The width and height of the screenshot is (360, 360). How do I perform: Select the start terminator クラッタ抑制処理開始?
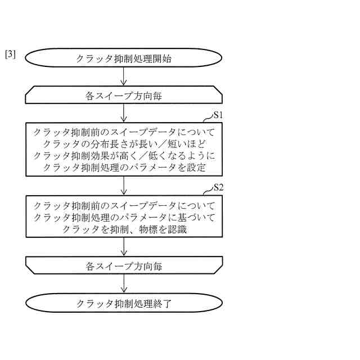(124, 58)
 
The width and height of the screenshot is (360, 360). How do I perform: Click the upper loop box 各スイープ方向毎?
(124, 96)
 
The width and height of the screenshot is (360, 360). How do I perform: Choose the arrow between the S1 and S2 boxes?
(124, 185)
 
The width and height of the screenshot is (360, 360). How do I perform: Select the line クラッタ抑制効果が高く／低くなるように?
(124, 155)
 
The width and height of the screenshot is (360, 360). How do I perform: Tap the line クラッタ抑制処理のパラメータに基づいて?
(124, 217)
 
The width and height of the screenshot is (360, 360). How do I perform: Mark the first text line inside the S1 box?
(124, 133)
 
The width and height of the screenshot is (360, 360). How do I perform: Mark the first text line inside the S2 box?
(124, 206)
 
